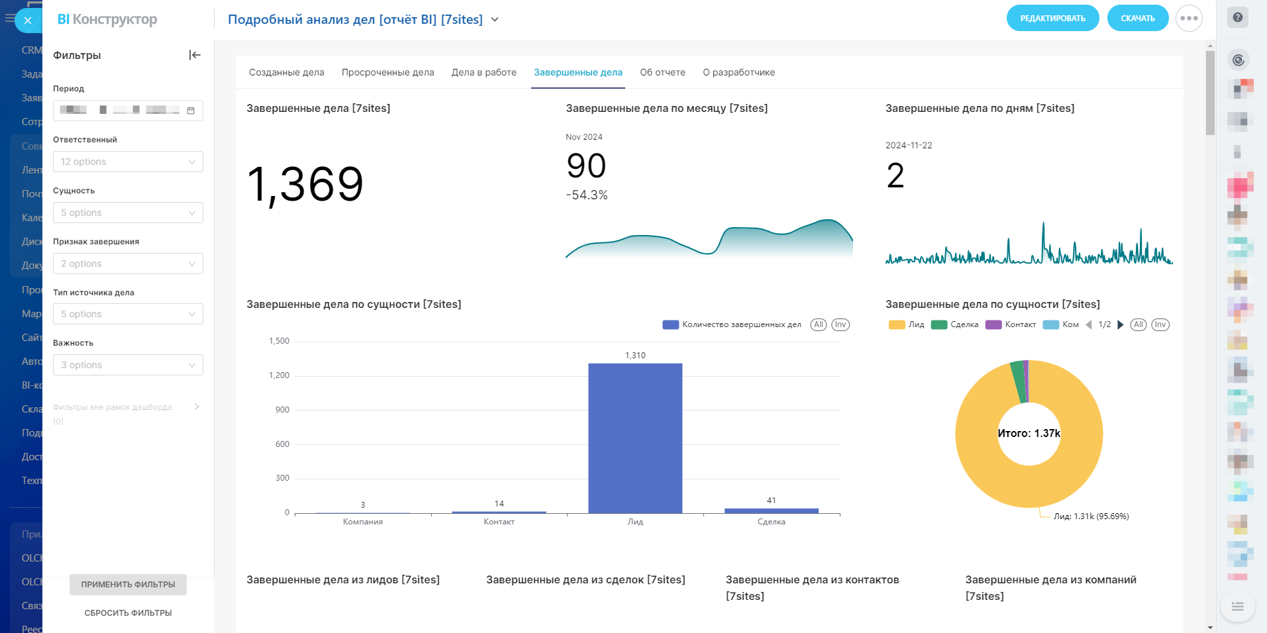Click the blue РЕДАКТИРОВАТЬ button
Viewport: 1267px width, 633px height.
[x=1052, y=19]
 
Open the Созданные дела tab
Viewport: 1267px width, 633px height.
[x=286, y=72]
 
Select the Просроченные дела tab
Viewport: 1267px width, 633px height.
[x=387, y=72]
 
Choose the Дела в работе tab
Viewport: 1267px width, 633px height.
[x=483, y=72]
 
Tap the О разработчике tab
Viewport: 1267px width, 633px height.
[x=738, y=72]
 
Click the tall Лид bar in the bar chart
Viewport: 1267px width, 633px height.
[x=635, y=437]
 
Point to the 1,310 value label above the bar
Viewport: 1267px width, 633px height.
[x=635, y=356]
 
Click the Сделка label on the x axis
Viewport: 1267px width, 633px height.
[x=771, y=522]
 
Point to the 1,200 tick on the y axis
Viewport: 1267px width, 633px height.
[x=279, y=375]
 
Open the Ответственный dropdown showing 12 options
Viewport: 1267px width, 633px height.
[x=128, y=162]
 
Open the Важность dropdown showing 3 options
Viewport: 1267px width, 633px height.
[x=128, y=365]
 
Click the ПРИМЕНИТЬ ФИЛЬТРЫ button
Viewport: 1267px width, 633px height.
[x=128, y=585]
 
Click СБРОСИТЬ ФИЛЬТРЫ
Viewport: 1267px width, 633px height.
[x=128, y=613]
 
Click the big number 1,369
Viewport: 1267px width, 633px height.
[x=305, y=184]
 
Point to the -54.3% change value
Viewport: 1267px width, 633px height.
[x=587, y=195]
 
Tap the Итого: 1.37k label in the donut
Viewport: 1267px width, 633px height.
[x=1029, y=434]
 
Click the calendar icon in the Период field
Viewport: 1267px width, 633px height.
[x=191, y=111]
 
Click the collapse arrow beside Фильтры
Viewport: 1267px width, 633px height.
[x=195, y=55]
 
